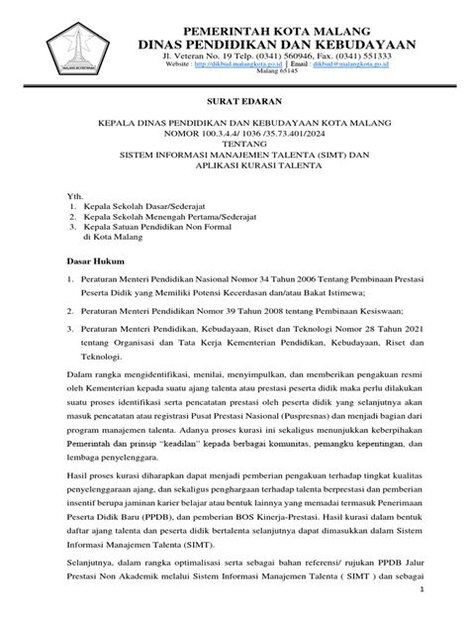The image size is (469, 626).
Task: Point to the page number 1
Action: pyautogui.click(x=449, y=614)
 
